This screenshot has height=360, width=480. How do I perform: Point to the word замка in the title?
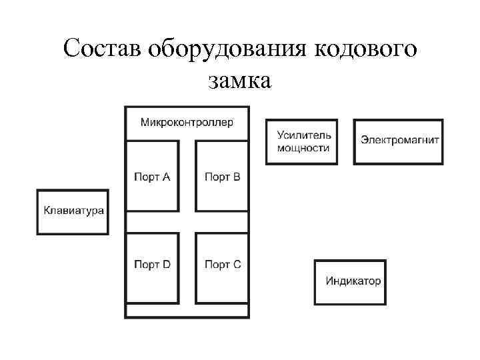tap(239, 81)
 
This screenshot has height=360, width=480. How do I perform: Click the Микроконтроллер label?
tap(187, 123)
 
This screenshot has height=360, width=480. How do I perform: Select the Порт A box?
tap(152, 176)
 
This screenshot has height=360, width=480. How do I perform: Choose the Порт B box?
tap(221, 176)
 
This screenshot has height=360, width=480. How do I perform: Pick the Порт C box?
tap(221, 265)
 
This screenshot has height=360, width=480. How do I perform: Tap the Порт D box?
tap(152, 265)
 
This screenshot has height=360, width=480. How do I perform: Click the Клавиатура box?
tap(73, 211)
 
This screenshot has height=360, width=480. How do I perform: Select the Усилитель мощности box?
tap(301, 141)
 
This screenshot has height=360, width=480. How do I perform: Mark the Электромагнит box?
tap(397, 141)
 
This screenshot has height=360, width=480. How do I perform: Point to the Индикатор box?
tap(350, 281)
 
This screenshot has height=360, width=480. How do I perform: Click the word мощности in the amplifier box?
tap(303, 148)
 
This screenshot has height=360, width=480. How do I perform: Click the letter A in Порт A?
tap(167, 177)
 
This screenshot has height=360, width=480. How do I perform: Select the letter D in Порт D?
tap(167, 265)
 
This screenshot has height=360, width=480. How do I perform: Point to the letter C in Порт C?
tap(237, 265)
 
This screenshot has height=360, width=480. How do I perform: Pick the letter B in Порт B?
tap(237, 177)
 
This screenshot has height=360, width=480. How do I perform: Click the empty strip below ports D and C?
tap(187, 311)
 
